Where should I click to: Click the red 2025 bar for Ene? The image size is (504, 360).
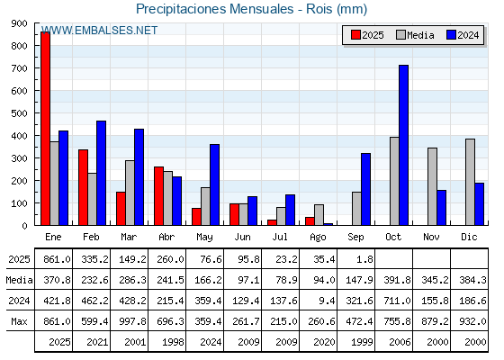click(x=46, y=129)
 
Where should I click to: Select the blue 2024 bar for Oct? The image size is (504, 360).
click(x=404, y=145)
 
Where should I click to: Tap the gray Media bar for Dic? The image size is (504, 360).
click(x=470, y=182)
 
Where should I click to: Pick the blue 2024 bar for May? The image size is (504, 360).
click(x=215, y=184)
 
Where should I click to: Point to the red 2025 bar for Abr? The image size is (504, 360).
click(x=158, y=196)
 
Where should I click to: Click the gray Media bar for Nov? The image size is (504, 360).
click(x=432, y=186)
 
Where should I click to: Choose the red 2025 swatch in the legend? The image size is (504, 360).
click(x=355, y=35)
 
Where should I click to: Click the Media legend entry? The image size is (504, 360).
click(x=415, y=35)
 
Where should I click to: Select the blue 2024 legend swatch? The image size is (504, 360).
click(x=451, y=35)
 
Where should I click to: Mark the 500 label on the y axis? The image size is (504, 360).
click(x=19, y=113)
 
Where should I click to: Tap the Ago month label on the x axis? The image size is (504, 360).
click(x=318, y=238)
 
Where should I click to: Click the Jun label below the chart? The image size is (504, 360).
click(x=242, y=237)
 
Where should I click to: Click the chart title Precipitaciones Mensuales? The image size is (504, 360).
click(x=215, y=9)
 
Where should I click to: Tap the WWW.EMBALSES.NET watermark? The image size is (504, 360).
click(x=99, y=31)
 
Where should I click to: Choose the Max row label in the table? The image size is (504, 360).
click(x=19, y=321)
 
